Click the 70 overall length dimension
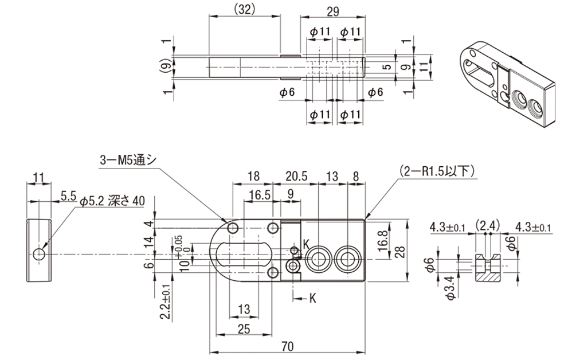tap(288, 346)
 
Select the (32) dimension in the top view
tap(244, 10)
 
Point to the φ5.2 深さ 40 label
tap(112, 201)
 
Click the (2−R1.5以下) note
tap(437, 170)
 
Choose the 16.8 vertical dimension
tap(382, 241)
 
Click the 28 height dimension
tap(400, 252)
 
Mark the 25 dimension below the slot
tap(244, 329)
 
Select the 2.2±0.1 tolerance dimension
tap(166, 302)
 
